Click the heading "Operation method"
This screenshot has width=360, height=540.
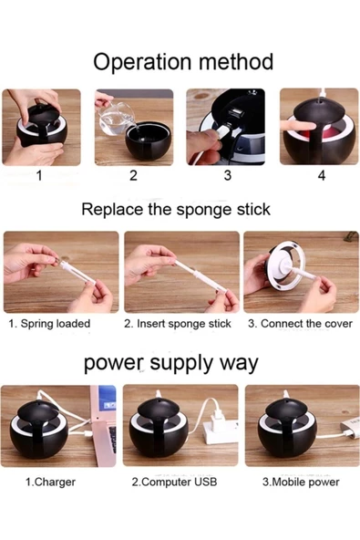183,62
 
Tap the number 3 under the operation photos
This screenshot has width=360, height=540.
228,175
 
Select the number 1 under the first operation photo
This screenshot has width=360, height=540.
39,175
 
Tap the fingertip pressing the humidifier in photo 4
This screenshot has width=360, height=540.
295,125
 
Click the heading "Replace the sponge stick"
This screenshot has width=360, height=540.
176,210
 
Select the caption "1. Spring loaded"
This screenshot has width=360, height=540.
49,324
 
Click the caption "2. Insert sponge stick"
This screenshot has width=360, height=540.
178,324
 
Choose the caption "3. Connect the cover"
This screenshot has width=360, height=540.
300,324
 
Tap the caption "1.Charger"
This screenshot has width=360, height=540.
51,482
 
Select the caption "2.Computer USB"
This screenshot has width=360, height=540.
174,482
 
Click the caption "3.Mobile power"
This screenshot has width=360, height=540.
301,482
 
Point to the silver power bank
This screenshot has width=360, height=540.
350,427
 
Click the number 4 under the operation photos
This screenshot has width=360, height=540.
322,175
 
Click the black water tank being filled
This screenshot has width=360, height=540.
149,141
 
